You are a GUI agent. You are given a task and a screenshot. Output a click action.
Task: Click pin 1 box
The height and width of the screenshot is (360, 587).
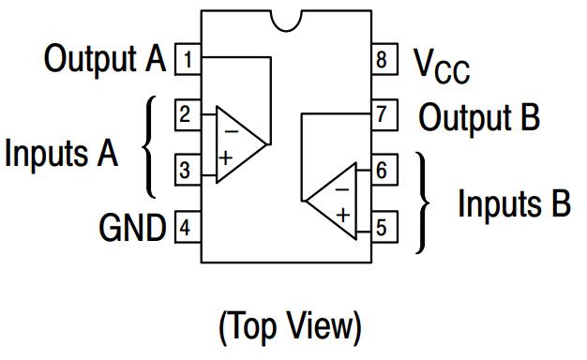188,59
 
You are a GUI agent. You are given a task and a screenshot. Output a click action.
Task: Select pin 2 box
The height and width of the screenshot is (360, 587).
188,115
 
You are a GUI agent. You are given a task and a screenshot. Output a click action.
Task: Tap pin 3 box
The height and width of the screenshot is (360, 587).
188,170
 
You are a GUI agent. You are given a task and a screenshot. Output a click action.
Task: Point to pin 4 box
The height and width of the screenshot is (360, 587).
188,227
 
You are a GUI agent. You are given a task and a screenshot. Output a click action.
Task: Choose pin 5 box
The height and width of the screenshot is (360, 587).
384,227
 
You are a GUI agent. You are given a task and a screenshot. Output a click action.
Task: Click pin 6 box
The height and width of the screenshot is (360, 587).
384,170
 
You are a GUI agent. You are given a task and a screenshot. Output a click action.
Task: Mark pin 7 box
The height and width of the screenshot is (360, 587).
384,115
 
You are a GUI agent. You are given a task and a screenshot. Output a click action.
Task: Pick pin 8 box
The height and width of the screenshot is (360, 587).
384,59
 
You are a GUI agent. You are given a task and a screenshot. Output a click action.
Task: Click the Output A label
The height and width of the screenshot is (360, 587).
105,59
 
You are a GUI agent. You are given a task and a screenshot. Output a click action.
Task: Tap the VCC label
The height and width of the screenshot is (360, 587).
442,66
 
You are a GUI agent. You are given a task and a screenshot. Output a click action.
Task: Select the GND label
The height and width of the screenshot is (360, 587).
132,228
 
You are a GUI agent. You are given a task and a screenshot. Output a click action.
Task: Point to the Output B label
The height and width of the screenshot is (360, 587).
479,117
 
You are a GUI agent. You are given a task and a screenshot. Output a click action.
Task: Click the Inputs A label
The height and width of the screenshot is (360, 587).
61,154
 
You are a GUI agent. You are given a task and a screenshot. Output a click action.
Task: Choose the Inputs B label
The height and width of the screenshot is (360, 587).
515,204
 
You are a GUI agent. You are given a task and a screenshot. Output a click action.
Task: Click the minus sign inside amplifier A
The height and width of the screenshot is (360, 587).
232,131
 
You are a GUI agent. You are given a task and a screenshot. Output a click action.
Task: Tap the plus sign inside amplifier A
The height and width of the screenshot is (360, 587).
225,157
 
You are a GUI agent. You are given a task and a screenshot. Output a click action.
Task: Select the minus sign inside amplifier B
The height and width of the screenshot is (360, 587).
342,189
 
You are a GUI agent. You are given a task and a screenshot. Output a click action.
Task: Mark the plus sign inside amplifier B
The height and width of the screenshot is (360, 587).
343,216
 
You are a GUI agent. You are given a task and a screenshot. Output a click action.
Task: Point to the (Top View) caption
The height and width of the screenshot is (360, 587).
290,327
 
